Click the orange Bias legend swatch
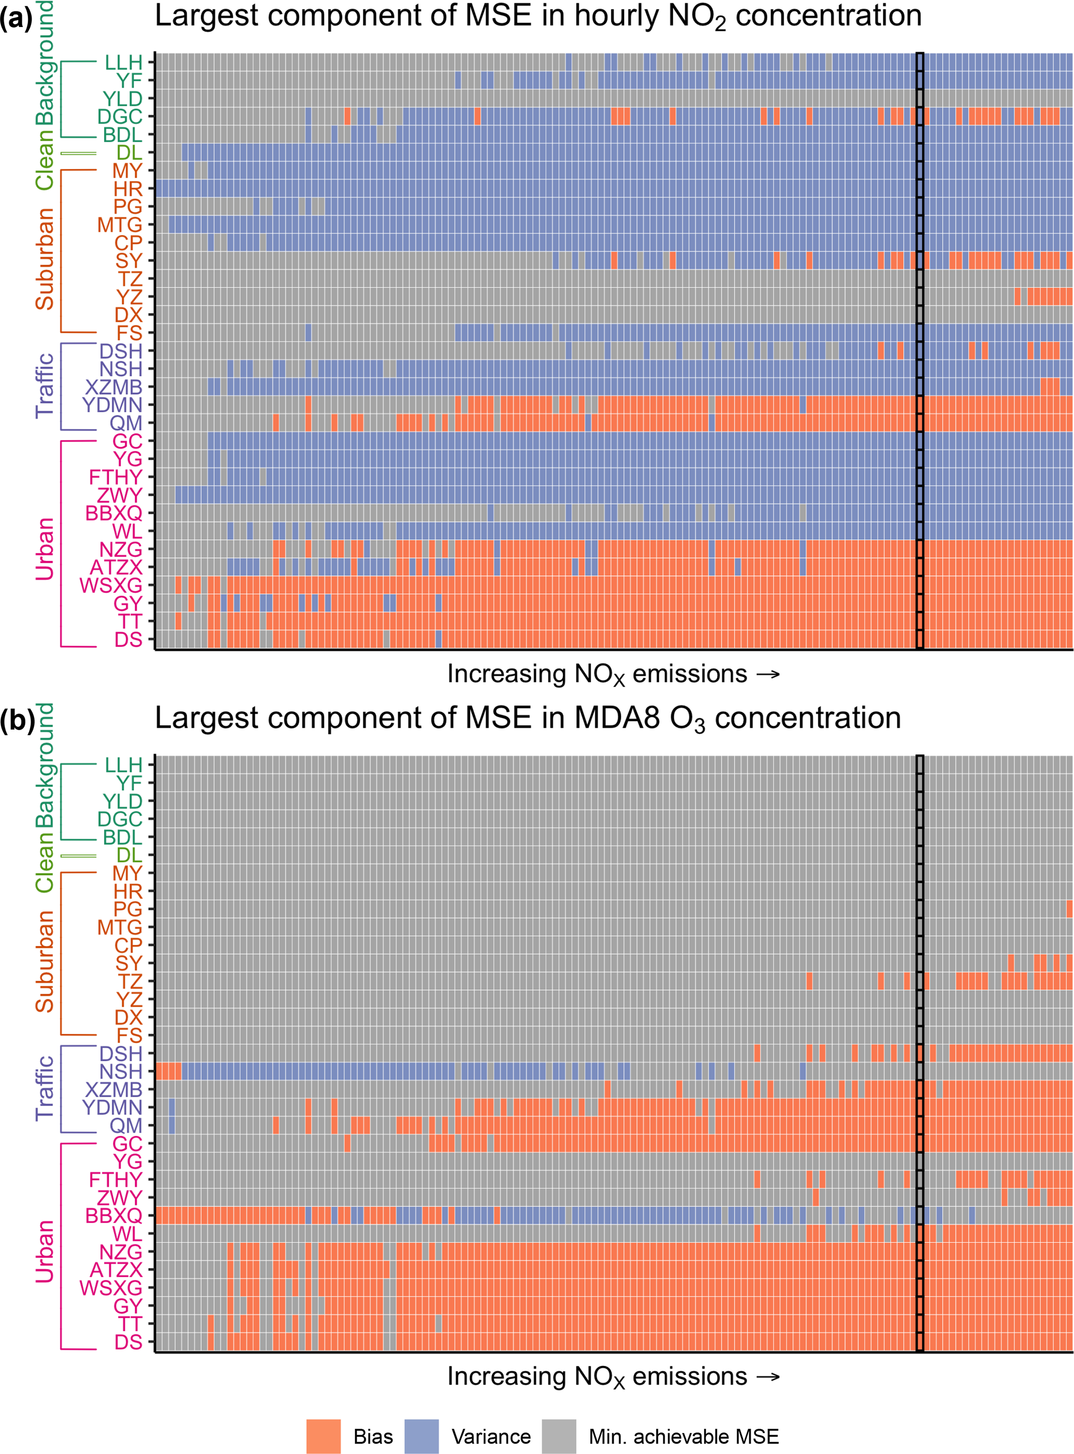323,1436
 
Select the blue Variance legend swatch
421,1436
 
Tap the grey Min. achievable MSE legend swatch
559,1436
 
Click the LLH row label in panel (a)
124,63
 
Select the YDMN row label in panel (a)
112,405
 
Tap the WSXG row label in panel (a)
111,586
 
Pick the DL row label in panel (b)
129,855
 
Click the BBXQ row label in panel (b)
114,1216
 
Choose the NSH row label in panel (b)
121,1071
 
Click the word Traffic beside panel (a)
44,386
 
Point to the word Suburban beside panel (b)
44,962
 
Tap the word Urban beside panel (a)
44,549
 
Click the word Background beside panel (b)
44,765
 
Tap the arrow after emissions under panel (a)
768,674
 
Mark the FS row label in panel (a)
129,333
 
